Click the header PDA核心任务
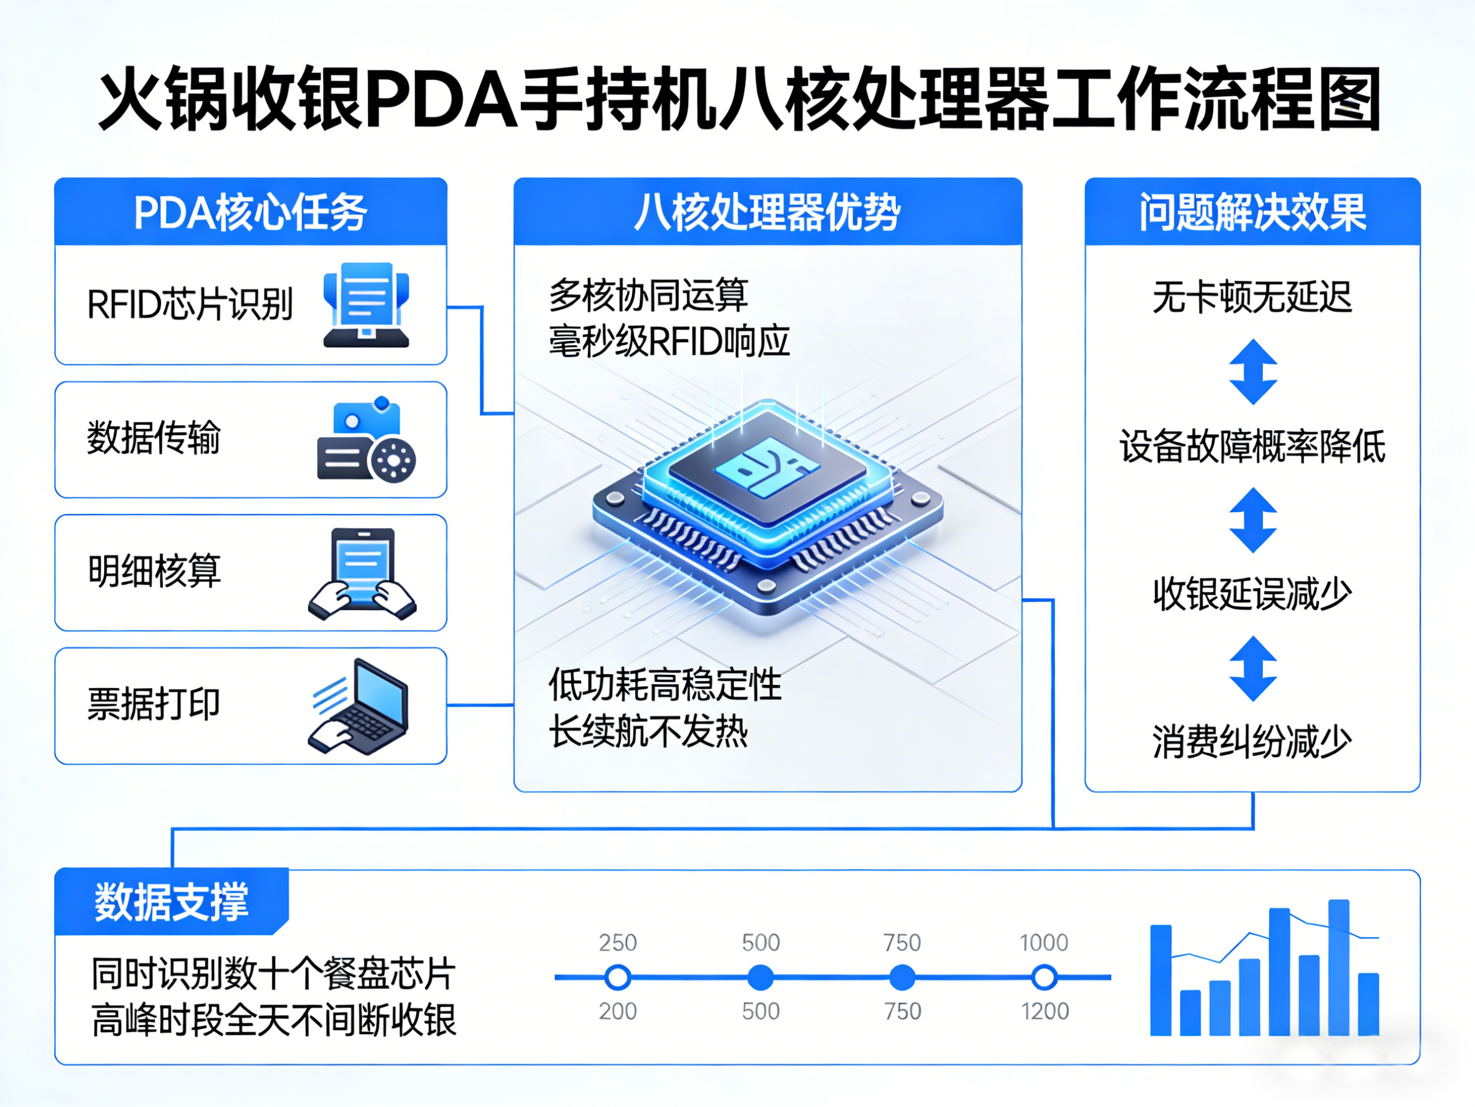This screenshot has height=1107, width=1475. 250,213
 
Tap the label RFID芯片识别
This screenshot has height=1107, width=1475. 190,305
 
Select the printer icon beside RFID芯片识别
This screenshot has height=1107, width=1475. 366,305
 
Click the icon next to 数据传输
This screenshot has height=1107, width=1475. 366,440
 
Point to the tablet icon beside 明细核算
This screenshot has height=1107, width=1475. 362,573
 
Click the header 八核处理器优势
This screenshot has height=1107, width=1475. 767,213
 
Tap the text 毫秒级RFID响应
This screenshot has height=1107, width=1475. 669,342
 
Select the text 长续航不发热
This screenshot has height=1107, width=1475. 648,732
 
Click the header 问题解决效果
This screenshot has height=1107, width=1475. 1252,213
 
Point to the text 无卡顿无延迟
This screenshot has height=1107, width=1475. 1252,298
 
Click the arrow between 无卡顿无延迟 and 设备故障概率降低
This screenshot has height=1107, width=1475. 1253,371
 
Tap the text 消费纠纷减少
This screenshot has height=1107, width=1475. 1252,742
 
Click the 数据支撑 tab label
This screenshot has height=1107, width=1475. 172,902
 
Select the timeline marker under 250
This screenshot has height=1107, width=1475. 618,978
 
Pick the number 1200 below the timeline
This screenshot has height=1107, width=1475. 1045,1011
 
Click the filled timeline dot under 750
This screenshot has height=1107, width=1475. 902,978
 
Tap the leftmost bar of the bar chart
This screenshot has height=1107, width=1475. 1161,980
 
